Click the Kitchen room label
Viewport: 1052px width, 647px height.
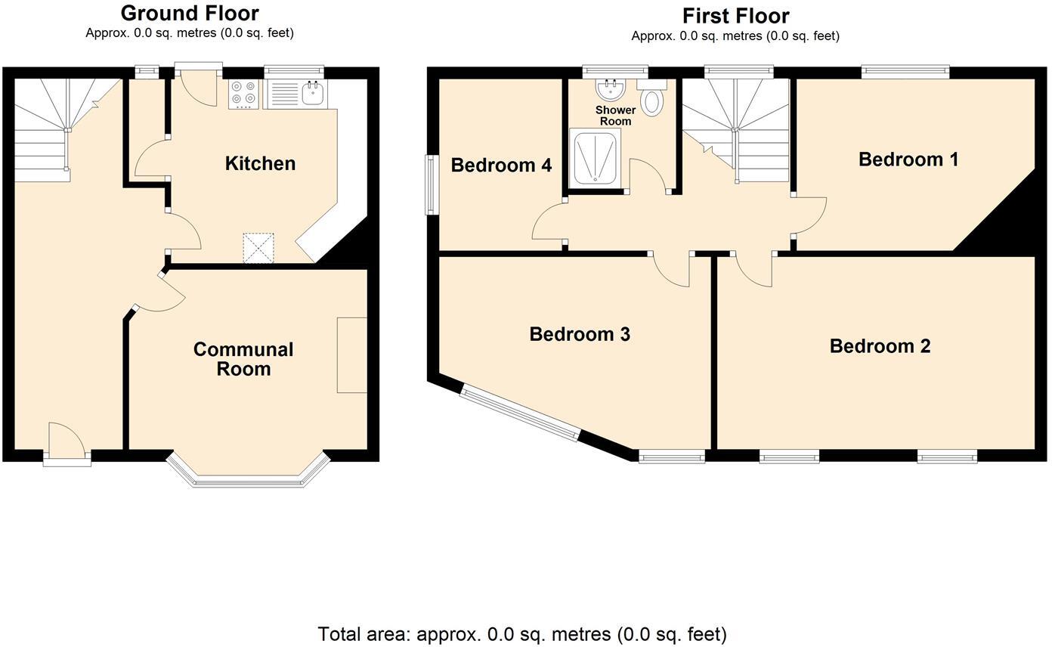(260, 163)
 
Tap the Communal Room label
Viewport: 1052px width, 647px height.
(243, 359)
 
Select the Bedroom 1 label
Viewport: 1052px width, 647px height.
(908, 159)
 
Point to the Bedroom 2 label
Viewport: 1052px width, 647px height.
(880, 346)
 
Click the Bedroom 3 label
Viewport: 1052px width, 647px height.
(580, 334)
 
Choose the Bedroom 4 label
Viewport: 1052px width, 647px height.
(501, 165)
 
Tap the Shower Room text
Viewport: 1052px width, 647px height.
(615, 116)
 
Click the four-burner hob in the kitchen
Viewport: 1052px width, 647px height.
(244, 94)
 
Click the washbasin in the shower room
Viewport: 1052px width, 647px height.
(610, 89)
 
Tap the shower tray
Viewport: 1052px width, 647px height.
(595, 157)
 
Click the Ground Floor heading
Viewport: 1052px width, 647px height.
(190, 13)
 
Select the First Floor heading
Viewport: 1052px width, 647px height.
(735, 16)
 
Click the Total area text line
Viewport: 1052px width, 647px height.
(522, 634)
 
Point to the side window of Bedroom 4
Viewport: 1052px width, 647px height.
(430, 184)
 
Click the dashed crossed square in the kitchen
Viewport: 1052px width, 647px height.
(258, 248)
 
